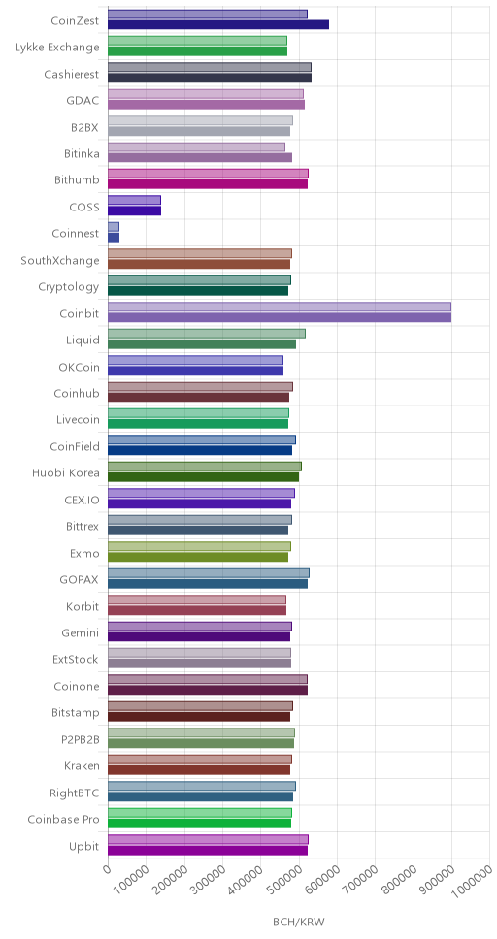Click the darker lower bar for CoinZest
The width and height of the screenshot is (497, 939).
218,24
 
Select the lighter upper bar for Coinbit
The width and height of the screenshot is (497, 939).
280,307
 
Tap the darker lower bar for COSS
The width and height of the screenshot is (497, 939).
134,210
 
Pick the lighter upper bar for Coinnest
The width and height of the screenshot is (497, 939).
114,227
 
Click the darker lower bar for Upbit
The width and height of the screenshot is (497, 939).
208,850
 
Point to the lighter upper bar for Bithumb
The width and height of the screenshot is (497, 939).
208,174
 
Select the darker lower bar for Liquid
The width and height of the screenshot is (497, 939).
202,343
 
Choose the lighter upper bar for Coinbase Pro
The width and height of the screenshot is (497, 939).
200,813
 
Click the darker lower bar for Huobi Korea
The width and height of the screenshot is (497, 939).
203,477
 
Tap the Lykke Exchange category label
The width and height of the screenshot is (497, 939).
57,48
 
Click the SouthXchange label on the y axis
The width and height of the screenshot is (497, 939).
60,261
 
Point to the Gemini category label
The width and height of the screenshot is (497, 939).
81,632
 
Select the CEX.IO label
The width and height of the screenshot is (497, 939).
82,500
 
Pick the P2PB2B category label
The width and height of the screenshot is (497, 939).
80,739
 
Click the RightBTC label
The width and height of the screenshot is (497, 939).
75,793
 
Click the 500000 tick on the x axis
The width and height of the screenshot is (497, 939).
284,882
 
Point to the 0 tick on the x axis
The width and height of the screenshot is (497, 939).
108,868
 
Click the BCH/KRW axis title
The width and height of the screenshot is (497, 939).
299,921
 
